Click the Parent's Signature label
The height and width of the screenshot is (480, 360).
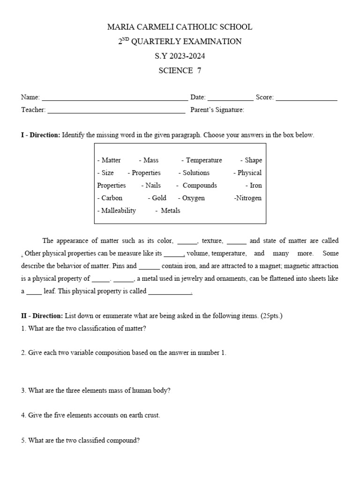pyautogui.click(x=217, y=110)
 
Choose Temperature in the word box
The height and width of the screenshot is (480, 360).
pyautogui.click(x=203, y=160)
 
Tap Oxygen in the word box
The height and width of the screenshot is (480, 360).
pyautogui.click(x=193, y=198)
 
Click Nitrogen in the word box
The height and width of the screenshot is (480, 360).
pyautogui.click(x=248, y=198)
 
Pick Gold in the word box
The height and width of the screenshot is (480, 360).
pyautogui.click(x=159, y=198)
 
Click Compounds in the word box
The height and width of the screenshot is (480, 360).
pyautogui.click(x=200, y=186)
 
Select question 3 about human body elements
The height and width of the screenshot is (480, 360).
pyautogui.click(x=96, y=390)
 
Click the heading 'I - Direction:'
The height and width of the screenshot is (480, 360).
pyautogui.click(x=40, y=135)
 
